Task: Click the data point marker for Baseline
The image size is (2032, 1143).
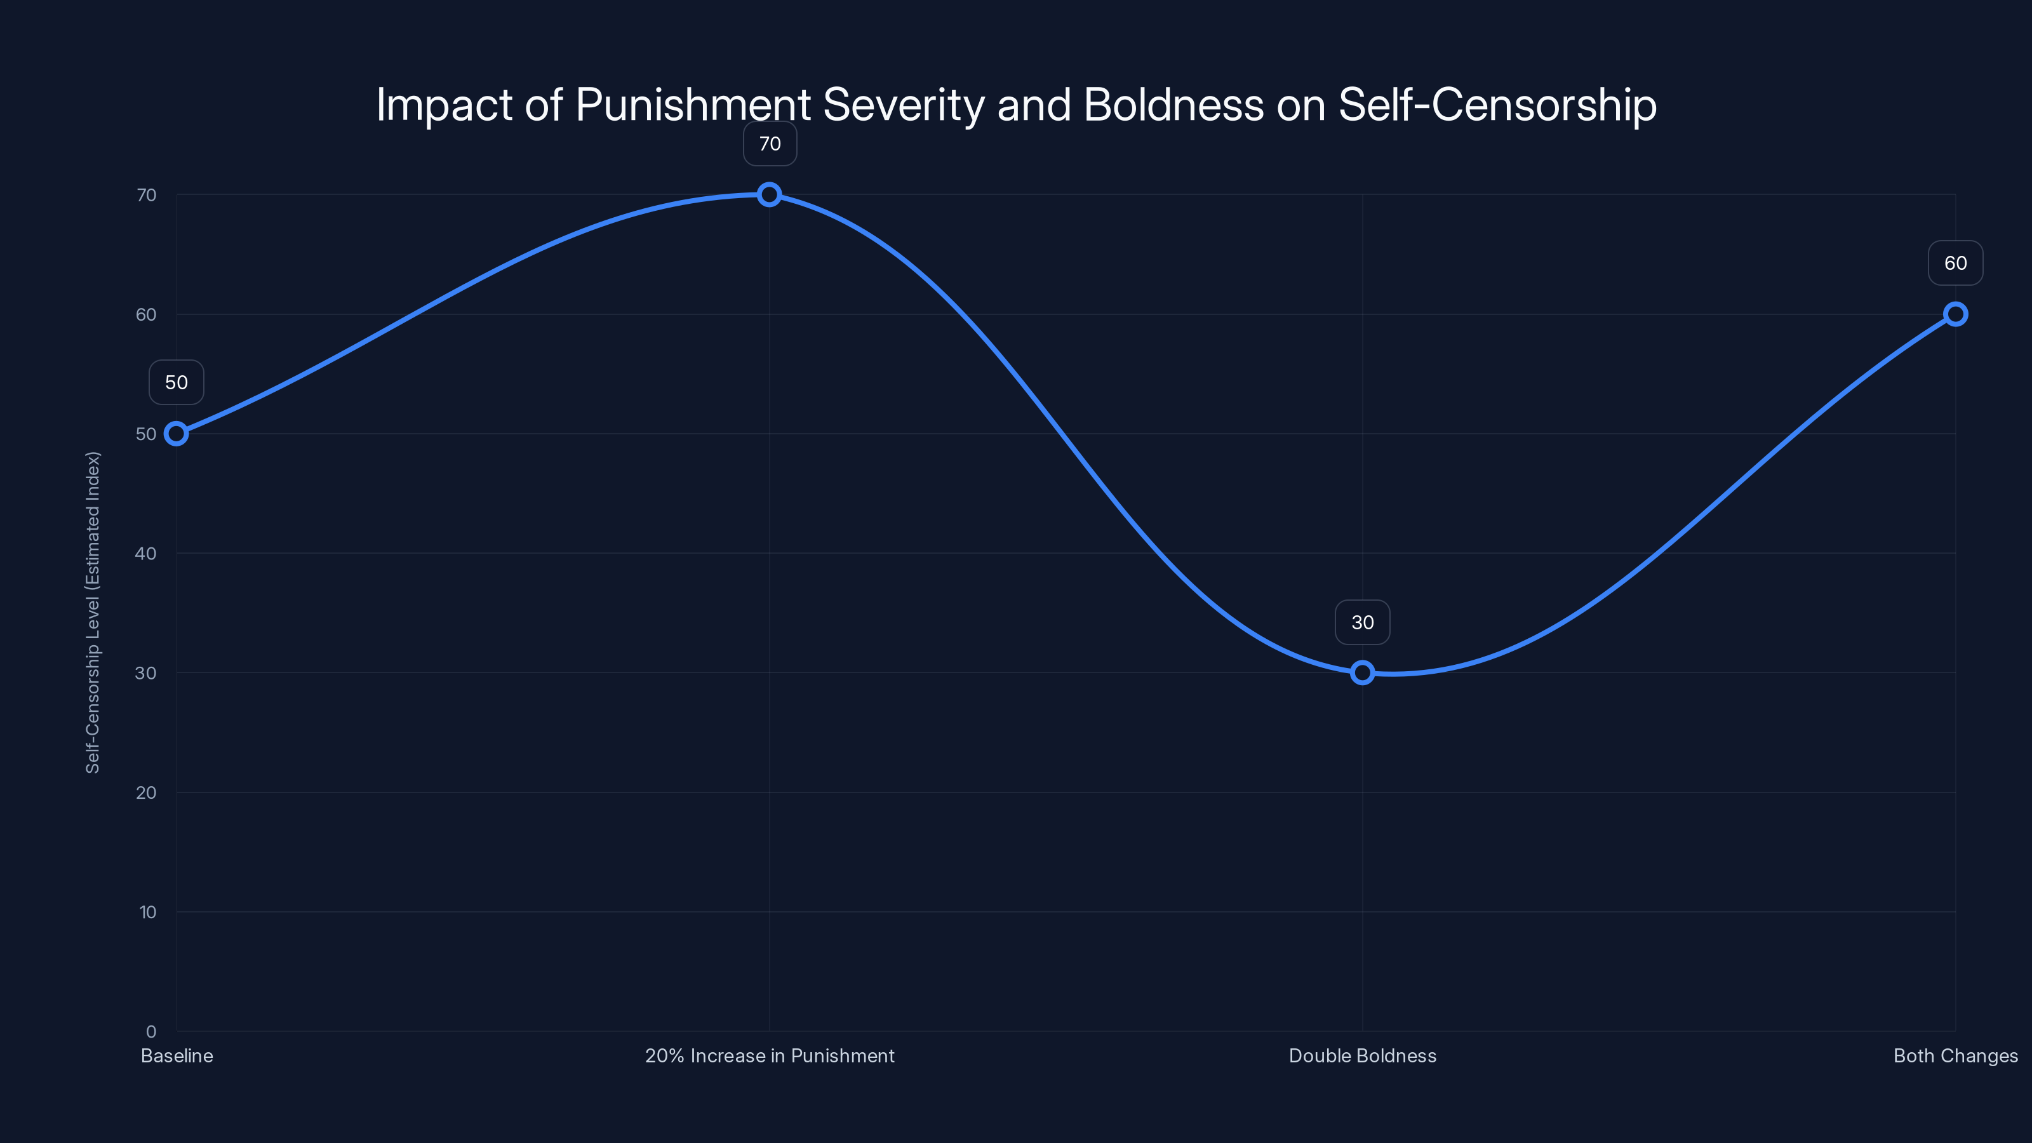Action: [176, 434]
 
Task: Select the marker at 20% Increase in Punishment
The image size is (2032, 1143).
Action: [769, 195]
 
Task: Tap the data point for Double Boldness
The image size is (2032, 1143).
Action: [1362, 673]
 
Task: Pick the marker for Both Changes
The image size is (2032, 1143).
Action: [1956, 314]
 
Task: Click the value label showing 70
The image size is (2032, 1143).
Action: [770, 144]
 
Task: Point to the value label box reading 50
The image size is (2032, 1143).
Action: [176, 382]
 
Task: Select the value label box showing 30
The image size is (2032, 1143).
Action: [1362, 622]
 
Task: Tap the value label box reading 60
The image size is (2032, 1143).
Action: [1956, 263]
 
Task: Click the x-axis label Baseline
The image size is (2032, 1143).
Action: [177, 1055]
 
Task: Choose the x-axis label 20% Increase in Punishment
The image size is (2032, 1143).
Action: [769, 1055]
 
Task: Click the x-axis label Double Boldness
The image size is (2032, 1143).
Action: [1362, 1055]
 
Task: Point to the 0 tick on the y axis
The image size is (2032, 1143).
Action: [150, 1031]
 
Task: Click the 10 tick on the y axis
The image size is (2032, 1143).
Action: [147, 912]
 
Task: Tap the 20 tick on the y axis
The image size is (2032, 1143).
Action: [146, 792]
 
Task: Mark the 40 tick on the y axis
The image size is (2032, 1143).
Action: [146, 553]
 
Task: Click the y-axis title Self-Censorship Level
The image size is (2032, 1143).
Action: [93, 612]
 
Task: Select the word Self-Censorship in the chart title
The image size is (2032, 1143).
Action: [1497, 105]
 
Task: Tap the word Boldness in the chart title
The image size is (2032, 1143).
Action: [1173, 105]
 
